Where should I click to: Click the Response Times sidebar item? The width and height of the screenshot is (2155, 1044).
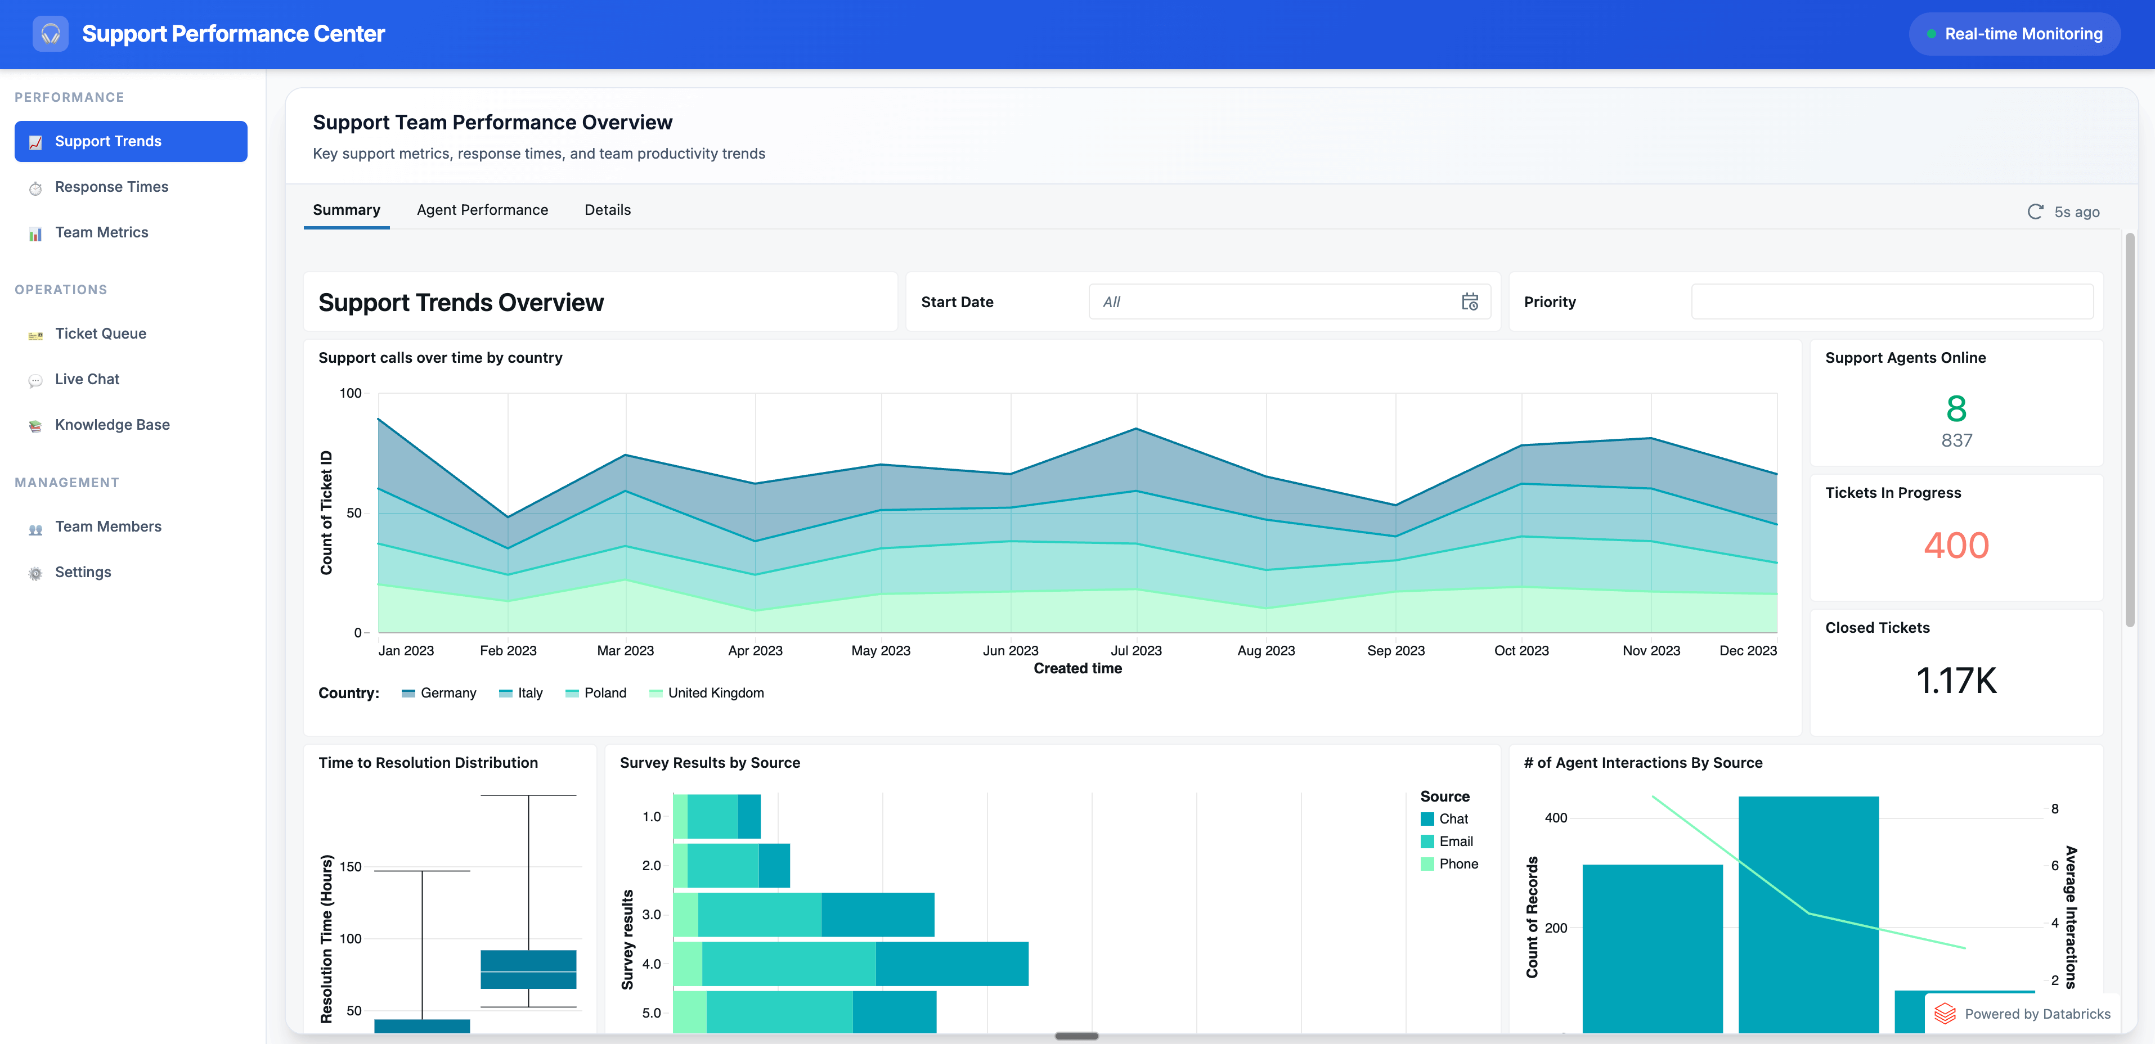111,187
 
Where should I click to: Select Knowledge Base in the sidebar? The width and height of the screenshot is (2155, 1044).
112,425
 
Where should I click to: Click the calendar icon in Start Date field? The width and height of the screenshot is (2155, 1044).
1469,302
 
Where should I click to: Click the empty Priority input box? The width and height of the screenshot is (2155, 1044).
1892,302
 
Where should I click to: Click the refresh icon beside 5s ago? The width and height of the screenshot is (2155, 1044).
2035,211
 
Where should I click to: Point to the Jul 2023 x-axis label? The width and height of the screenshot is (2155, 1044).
1135,651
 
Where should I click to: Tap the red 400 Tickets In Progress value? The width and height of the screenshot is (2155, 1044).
1956,546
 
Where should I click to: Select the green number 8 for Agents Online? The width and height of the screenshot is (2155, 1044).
1956,409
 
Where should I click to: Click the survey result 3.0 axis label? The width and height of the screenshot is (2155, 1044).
651,914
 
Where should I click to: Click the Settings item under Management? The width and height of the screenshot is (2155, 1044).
83,572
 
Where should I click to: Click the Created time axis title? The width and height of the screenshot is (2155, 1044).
1077,668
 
